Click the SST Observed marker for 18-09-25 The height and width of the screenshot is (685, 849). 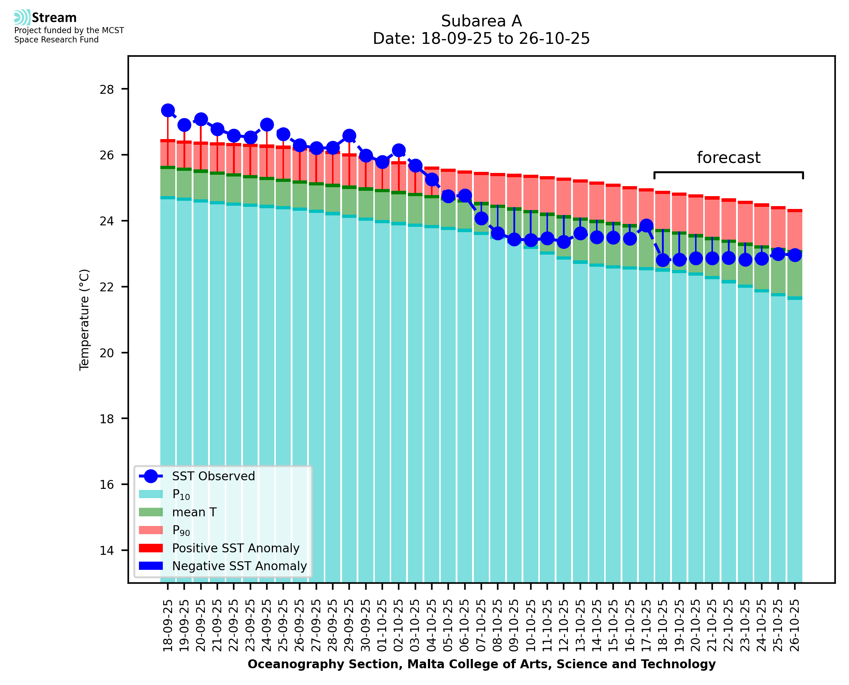click(x=168, y=111)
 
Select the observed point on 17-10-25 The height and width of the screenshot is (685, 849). click(x=646, y=226)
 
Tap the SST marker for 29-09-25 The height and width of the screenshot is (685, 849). click(x=349, y=136)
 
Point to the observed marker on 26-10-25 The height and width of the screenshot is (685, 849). click(x=794, y=255)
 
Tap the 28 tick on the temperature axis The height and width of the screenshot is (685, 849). click(x=107, y=90)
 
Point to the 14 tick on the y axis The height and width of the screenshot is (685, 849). click(x=107, y=551)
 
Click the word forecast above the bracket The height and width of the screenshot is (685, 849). click(x=728, y=158)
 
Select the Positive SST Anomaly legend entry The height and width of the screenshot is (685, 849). click(x=236, y=548)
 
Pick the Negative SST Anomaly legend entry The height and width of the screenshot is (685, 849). click(x=239, y=566)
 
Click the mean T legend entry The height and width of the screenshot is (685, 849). click(x=194, y=512)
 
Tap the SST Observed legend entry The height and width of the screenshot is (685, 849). click(x=213, y=476)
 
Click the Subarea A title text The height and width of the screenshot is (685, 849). click(x=481, y=21)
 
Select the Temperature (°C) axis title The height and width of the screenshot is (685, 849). click(x=84, y=320)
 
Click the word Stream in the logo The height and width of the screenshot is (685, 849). click(x=54, y=18)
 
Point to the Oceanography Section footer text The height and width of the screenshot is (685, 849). click(x=481, y=664)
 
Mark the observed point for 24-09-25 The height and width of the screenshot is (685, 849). click(x=267, y=125)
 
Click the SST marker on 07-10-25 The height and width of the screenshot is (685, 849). click(x=481, y=218)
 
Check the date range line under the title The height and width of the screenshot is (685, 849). click(x=481, y=39)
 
